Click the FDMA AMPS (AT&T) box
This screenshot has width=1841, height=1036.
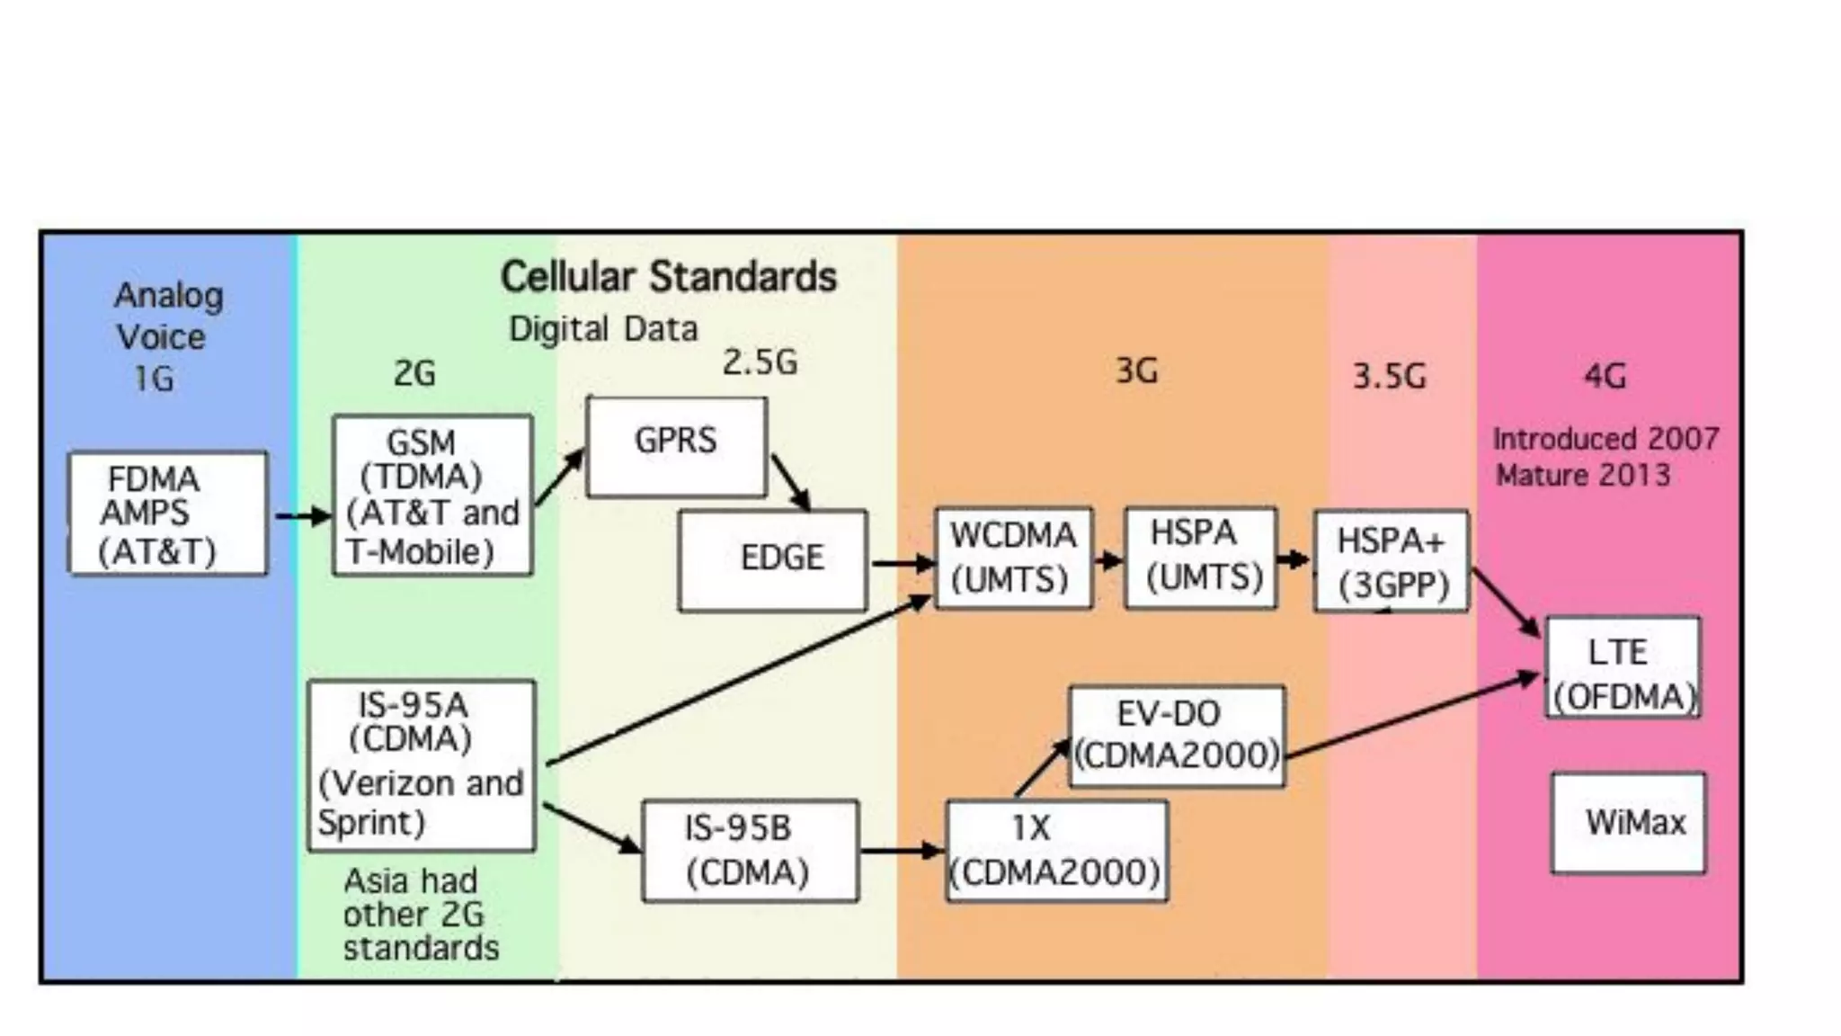point(168,514)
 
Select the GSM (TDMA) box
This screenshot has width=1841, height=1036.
point(432,496)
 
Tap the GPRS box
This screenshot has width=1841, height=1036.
point(676,447)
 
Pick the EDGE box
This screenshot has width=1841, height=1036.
point(773,560)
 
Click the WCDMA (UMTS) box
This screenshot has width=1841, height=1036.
point(1013,558)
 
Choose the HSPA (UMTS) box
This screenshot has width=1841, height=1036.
point(1200,558)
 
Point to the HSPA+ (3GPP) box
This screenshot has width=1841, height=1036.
point(1391,561)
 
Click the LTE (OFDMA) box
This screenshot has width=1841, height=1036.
point(1623,666)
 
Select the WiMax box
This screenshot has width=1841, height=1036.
point(1628,822)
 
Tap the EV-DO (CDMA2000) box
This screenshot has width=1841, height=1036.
point(1177,736)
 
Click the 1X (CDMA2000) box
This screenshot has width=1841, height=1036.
point(1057,851)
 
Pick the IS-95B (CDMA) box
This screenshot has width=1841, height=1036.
point(750,851)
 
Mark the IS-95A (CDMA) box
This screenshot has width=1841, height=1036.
point(421,765)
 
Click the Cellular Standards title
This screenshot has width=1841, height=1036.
point(668,277)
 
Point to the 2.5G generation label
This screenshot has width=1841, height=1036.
point(760,362)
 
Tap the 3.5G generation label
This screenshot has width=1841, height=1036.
point(1389,376)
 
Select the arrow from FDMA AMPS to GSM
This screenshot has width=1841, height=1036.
point(302,516)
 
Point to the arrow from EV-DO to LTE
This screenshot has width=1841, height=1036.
point(1411,716)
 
